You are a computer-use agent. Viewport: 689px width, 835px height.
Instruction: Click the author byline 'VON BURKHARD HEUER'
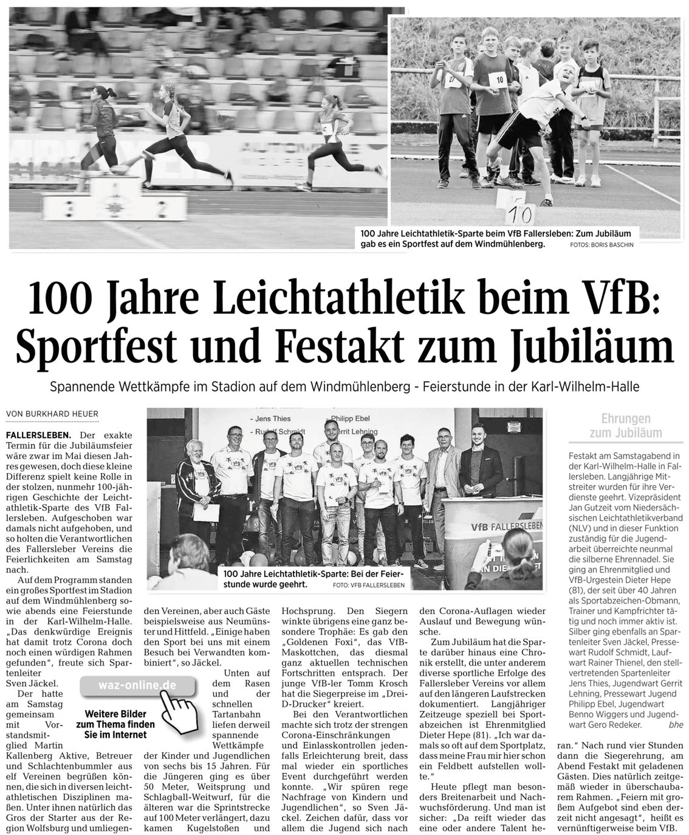pyautogui.click(x=52, y=414)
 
